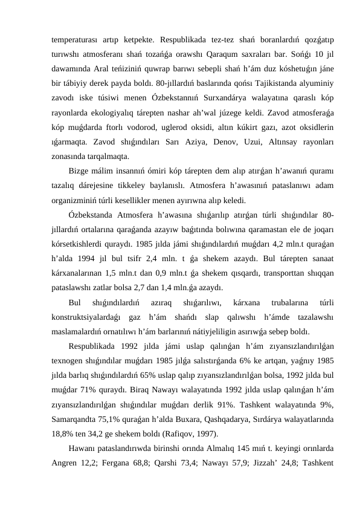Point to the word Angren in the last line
(65, 463)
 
